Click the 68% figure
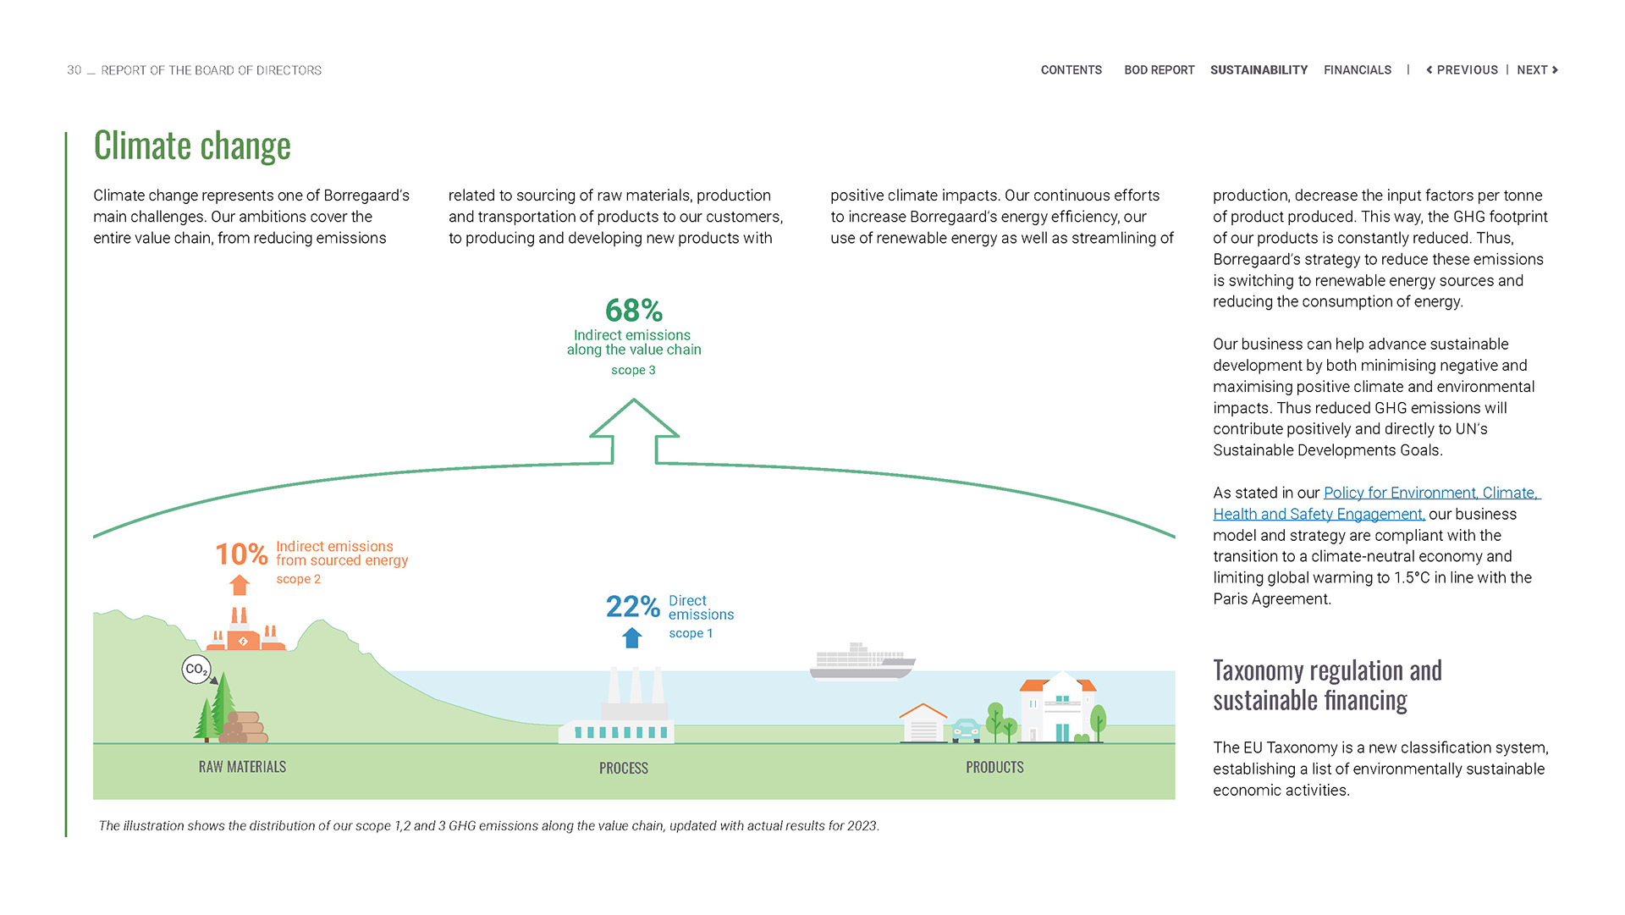tap(633, 311)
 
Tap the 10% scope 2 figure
tap(241, 554)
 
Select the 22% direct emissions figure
tap(632, 607)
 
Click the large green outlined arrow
tap(634, 431)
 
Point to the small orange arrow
tap(240, 585)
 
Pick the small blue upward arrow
tap(632, 637)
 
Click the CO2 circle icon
tap(196, 670)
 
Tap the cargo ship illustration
tap(862, 661)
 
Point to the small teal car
tap(966, 730)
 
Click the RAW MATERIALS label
tap(242, 767)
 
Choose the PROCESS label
tap(624, 768)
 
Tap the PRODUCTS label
tap(994, 767)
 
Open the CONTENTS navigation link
tap(1071, 70)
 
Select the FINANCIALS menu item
tap(1357, 70)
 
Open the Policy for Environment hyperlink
tap(1430, 493)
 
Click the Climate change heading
tap(192, 146)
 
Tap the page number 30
tap(74, 70)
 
